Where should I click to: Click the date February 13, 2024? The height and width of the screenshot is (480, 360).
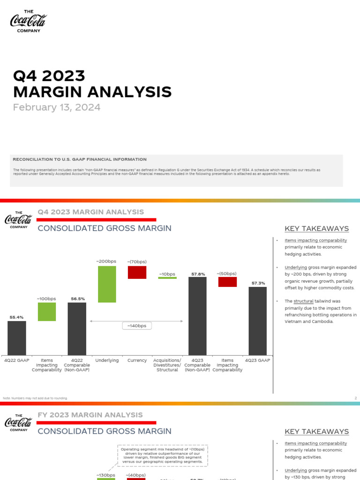(57, 107)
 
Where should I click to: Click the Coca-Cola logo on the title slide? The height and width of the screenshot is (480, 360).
(29, 22)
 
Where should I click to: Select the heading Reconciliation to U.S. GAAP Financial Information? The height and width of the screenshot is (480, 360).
(80, 159)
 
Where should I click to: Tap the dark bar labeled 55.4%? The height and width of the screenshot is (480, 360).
(17, 337)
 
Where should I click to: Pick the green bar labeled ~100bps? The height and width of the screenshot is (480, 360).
(47, 312)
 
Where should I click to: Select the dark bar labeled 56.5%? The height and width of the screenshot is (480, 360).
(77, 328)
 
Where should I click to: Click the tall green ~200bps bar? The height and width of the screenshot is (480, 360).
(107, 284)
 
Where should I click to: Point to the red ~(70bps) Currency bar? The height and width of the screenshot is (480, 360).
(137, 272)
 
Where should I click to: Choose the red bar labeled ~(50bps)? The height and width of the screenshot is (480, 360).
(227, 282)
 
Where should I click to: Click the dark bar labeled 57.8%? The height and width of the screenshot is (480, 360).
(198, 315)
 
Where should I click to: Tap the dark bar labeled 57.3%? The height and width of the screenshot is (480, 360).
(258, 321)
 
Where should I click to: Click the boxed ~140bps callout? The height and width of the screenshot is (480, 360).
(137, 326)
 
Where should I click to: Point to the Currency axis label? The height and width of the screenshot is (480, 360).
(137, 360)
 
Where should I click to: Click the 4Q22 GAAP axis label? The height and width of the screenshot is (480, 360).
(17, 360)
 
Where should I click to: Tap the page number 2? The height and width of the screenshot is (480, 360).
(356, 398)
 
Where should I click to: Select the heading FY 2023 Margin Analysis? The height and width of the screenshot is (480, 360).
(90, 415)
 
